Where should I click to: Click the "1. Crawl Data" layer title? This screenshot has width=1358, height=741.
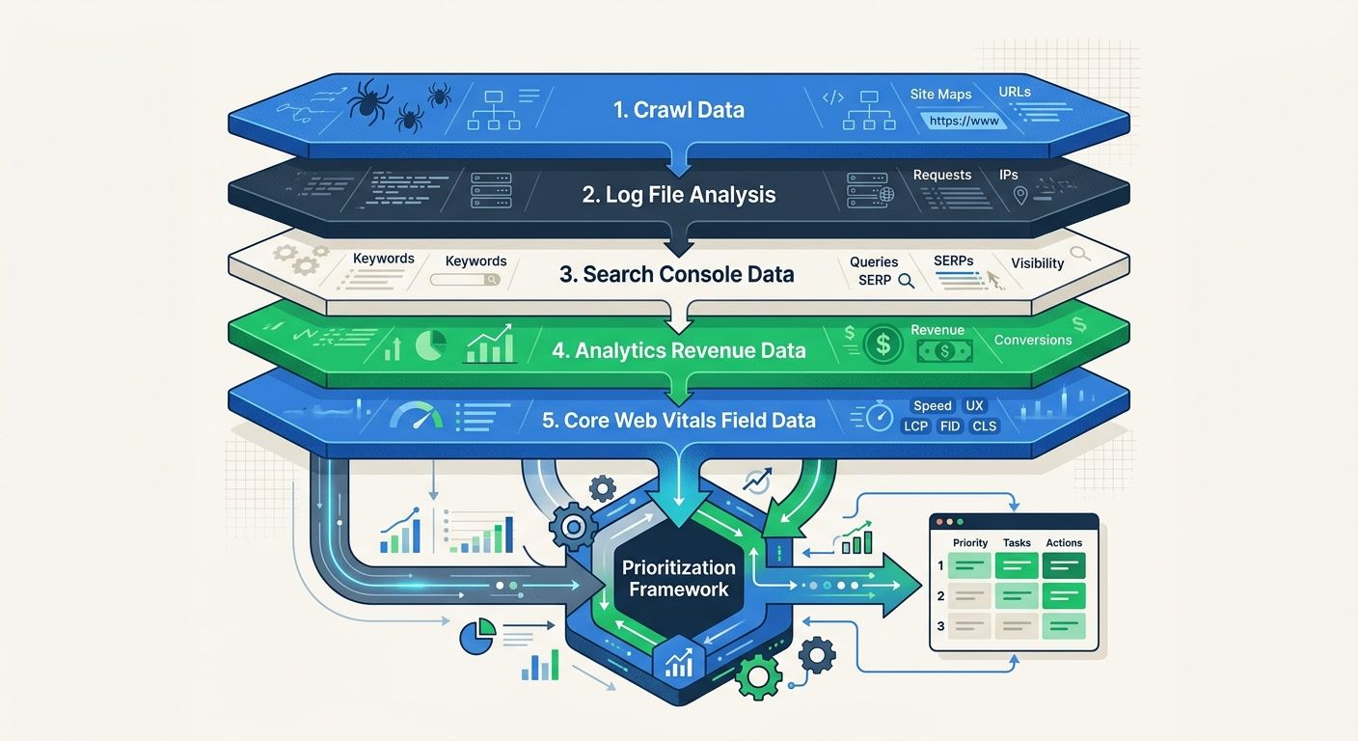point(679,110)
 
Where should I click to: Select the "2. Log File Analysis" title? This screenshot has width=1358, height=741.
point(679,195)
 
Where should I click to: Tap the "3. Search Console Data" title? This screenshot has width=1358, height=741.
point(677,274)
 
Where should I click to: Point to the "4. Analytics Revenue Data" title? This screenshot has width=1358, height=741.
point(679,350)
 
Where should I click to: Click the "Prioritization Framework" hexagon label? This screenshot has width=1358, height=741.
point(678,578)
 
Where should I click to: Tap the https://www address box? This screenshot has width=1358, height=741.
point(964,122)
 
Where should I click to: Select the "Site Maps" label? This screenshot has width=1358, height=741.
point(940,95)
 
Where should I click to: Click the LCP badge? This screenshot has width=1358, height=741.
point(915,426)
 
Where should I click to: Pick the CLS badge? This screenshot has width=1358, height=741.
point(985,426)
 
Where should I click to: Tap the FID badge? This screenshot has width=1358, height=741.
point(950,426)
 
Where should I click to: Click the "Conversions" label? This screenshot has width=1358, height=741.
point(1033,340)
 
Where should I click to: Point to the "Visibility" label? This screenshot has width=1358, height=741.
point(1037,263)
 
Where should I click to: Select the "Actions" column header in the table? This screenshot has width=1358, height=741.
point(1064,543)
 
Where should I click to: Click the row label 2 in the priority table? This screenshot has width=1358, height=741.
point(940,596)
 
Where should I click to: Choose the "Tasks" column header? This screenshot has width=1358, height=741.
point(1017,543)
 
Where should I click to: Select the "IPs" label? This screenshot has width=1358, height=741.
point(1009,175)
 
